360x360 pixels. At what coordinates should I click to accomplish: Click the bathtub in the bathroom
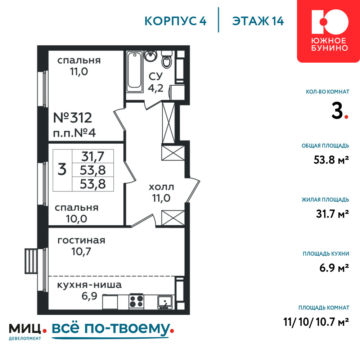(135, 72)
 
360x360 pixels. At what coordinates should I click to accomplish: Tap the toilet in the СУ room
(167, 59)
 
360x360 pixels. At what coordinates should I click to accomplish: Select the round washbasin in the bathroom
(150, 56)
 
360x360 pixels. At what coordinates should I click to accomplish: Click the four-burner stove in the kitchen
(136, 301)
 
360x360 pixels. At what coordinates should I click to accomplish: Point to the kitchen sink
(165, 302)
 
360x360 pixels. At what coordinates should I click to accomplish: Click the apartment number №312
(73, 118)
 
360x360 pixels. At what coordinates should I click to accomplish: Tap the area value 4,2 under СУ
(156, 88)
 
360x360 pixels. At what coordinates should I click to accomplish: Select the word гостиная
(81, 240)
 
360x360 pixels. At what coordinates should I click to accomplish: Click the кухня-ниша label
(89, 285)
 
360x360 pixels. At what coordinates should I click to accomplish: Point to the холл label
(161, 187)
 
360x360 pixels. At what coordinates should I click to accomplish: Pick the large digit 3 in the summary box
(62, 170)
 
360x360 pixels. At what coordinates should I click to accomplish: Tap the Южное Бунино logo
(329, 31)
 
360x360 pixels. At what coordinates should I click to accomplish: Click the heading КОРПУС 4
(175, 21)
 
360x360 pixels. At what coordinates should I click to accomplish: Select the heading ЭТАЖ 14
(258, 21)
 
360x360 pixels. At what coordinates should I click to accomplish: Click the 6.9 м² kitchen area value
(334, 268)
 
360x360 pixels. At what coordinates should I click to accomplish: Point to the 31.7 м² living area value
(332, 214)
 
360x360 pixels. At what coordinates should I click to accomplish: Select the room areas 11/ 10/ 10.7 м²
(316, 322)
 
